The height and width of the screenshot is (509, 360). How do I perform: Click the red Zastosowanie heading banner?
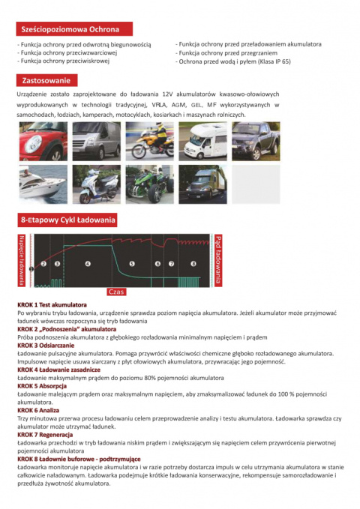46,80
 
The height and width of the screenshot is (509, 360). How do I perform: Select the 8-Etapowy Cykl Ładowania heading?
67,220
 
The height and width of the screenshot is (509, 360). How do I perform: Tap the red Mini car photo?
43,141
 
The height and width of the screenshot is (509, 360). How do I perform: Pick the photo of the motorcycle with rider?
149,141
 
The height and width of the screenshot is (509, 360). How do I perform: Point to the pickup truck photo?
255,141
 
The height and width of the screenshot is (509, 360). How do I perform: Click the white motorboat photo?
43,184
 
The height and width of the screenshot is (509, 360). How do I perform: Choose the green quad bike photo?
149,184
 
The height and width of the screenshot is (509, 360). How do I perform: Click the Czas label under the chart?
116,292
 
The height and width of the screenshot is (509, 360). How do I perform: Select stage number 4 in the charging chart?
88,264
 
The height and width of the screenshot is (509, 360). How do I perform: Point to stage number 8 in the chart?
193,264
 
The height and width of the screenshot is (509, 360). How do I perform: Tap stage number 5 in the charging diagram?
132,264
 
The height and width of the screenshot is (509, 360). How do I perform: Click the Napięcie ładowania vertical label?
21,259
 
